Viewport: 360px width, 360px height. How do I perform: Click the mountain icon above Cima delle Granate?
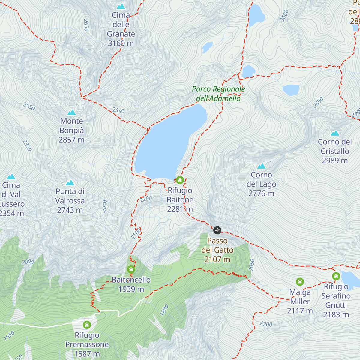pos(121,6)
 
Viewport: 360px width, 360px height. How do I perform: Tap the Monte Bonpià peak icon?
pos(71,112)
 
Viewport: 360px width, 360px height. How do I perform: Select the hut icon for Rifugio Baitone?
pos(180,180)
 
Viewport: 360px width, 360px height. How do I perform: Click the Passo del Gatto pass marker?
pos(217,230)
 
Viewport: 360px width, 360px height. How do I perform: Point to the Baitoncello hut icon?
pos(131,269)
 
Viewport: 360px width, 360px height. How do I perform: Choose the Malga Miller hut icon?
pos(300,282)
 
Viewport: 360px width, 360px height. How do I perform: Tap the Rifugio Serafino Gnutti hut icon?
pos(336,276)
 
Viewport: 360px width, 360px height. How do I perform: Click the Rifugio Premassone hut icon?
pos(87,325)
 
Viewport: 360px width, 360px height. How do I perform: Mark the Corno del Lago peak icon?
pos(261,166)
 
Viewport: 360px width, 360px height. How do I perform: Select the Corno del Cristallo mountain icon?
pos(335,133)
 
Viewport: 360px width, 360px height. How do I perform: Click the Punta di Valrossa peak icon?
pos(70,183)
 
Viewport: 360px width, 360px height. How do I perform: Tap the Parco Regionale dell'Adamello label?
pos(218,94)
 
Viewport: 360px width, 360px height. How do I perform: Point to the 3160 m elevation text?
pos(121,43)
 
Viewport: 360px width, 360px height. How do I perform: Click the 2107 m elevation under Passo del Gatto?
pos(217,259)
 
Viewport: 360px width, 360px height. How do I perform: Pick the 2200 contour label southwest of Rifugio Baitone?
pos(146,199)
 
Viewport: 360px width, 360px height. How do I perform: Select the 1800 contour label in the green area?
pos(164,310)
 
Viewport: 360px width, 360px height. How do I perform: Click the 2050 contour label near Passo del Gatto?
pos(252,265)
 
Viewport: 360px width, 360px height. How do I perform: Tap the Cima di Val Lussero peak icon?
pos(11,176)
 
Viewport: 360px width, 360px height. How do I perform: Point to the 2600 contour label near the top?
pos(284,15)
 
